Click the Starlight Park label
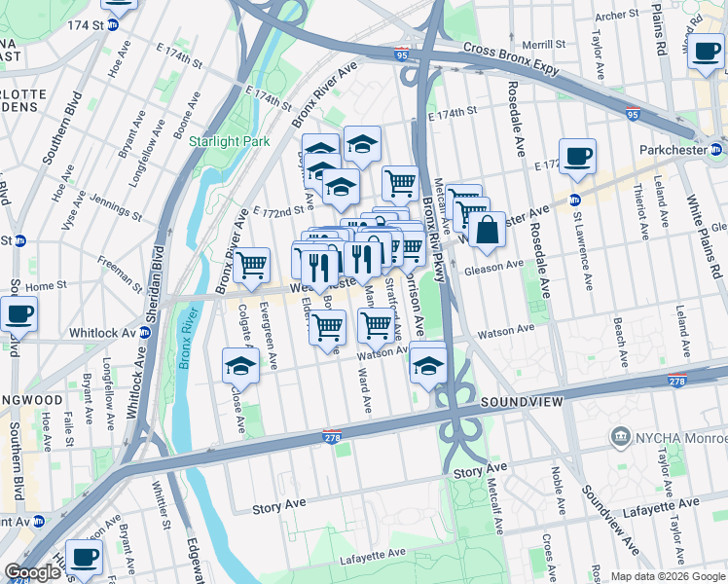point(229,141)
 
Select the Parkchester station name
point(675,150)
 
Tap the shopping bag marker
point(488,232)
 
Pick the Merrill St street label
point(543,44)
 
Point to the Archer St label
point(616,16)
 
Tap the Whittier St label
point(161,510)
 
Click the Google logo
point(32,572)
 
